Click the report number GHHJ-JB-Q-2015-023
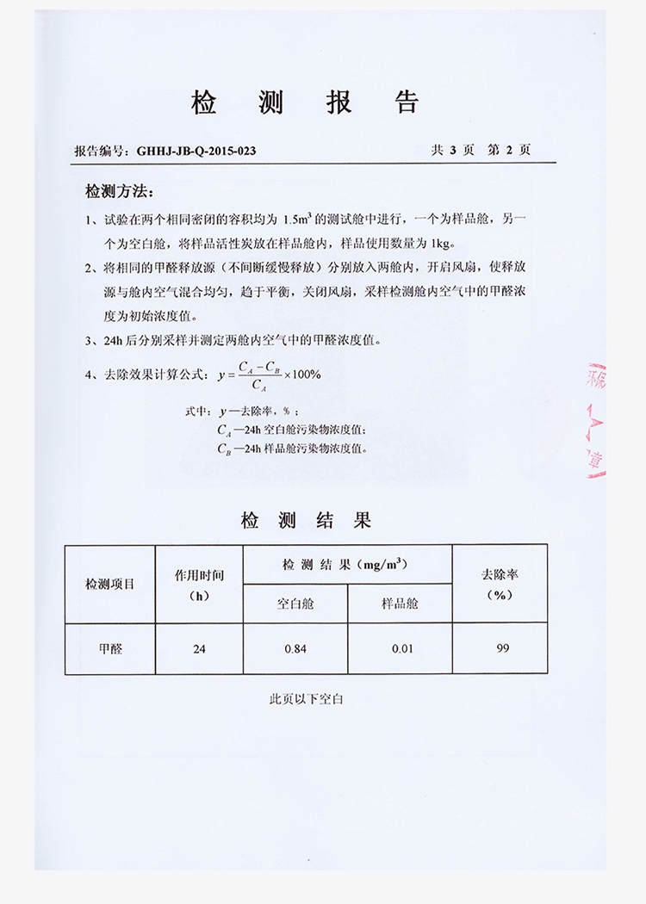(x=190, y=151)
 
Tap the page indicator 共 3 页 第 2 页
(x=480, y=150)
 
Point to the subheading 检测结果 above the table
(x=306, y=521)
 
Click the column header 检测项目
(x=109, y=584)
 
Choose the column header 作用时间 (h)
(x=199, y=584)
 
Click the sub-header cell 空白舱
(x=295, y=604)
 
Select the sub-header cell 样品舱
(x=400, y=604)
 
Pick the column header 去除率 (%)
(x=500, y=584)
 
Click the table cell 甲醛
(x=109, y=648)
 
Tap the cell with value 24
(x=199, y=648)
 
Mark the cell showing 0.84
(x=295, y=648)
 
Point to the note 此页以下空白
(x=307, y=700)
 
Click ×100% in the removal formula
(x=301, y=375)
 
